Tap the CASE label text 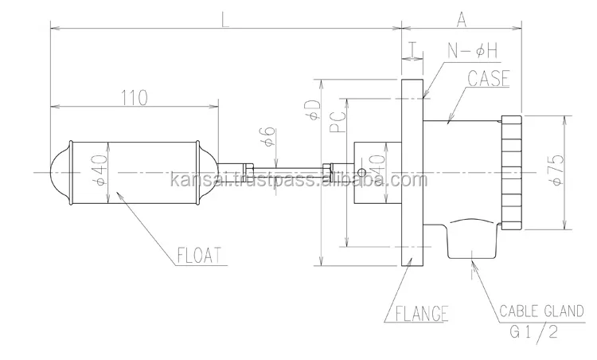click(x=489, y=80)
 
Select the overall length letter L click(x=225, y=22)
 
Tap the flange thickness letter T click(x=412, y=49)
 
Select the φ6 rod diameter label click(x=270, y=137)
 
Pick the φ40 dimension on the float click(x=99, y=170)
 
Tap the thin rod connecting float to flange click(x=287, y=172)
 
